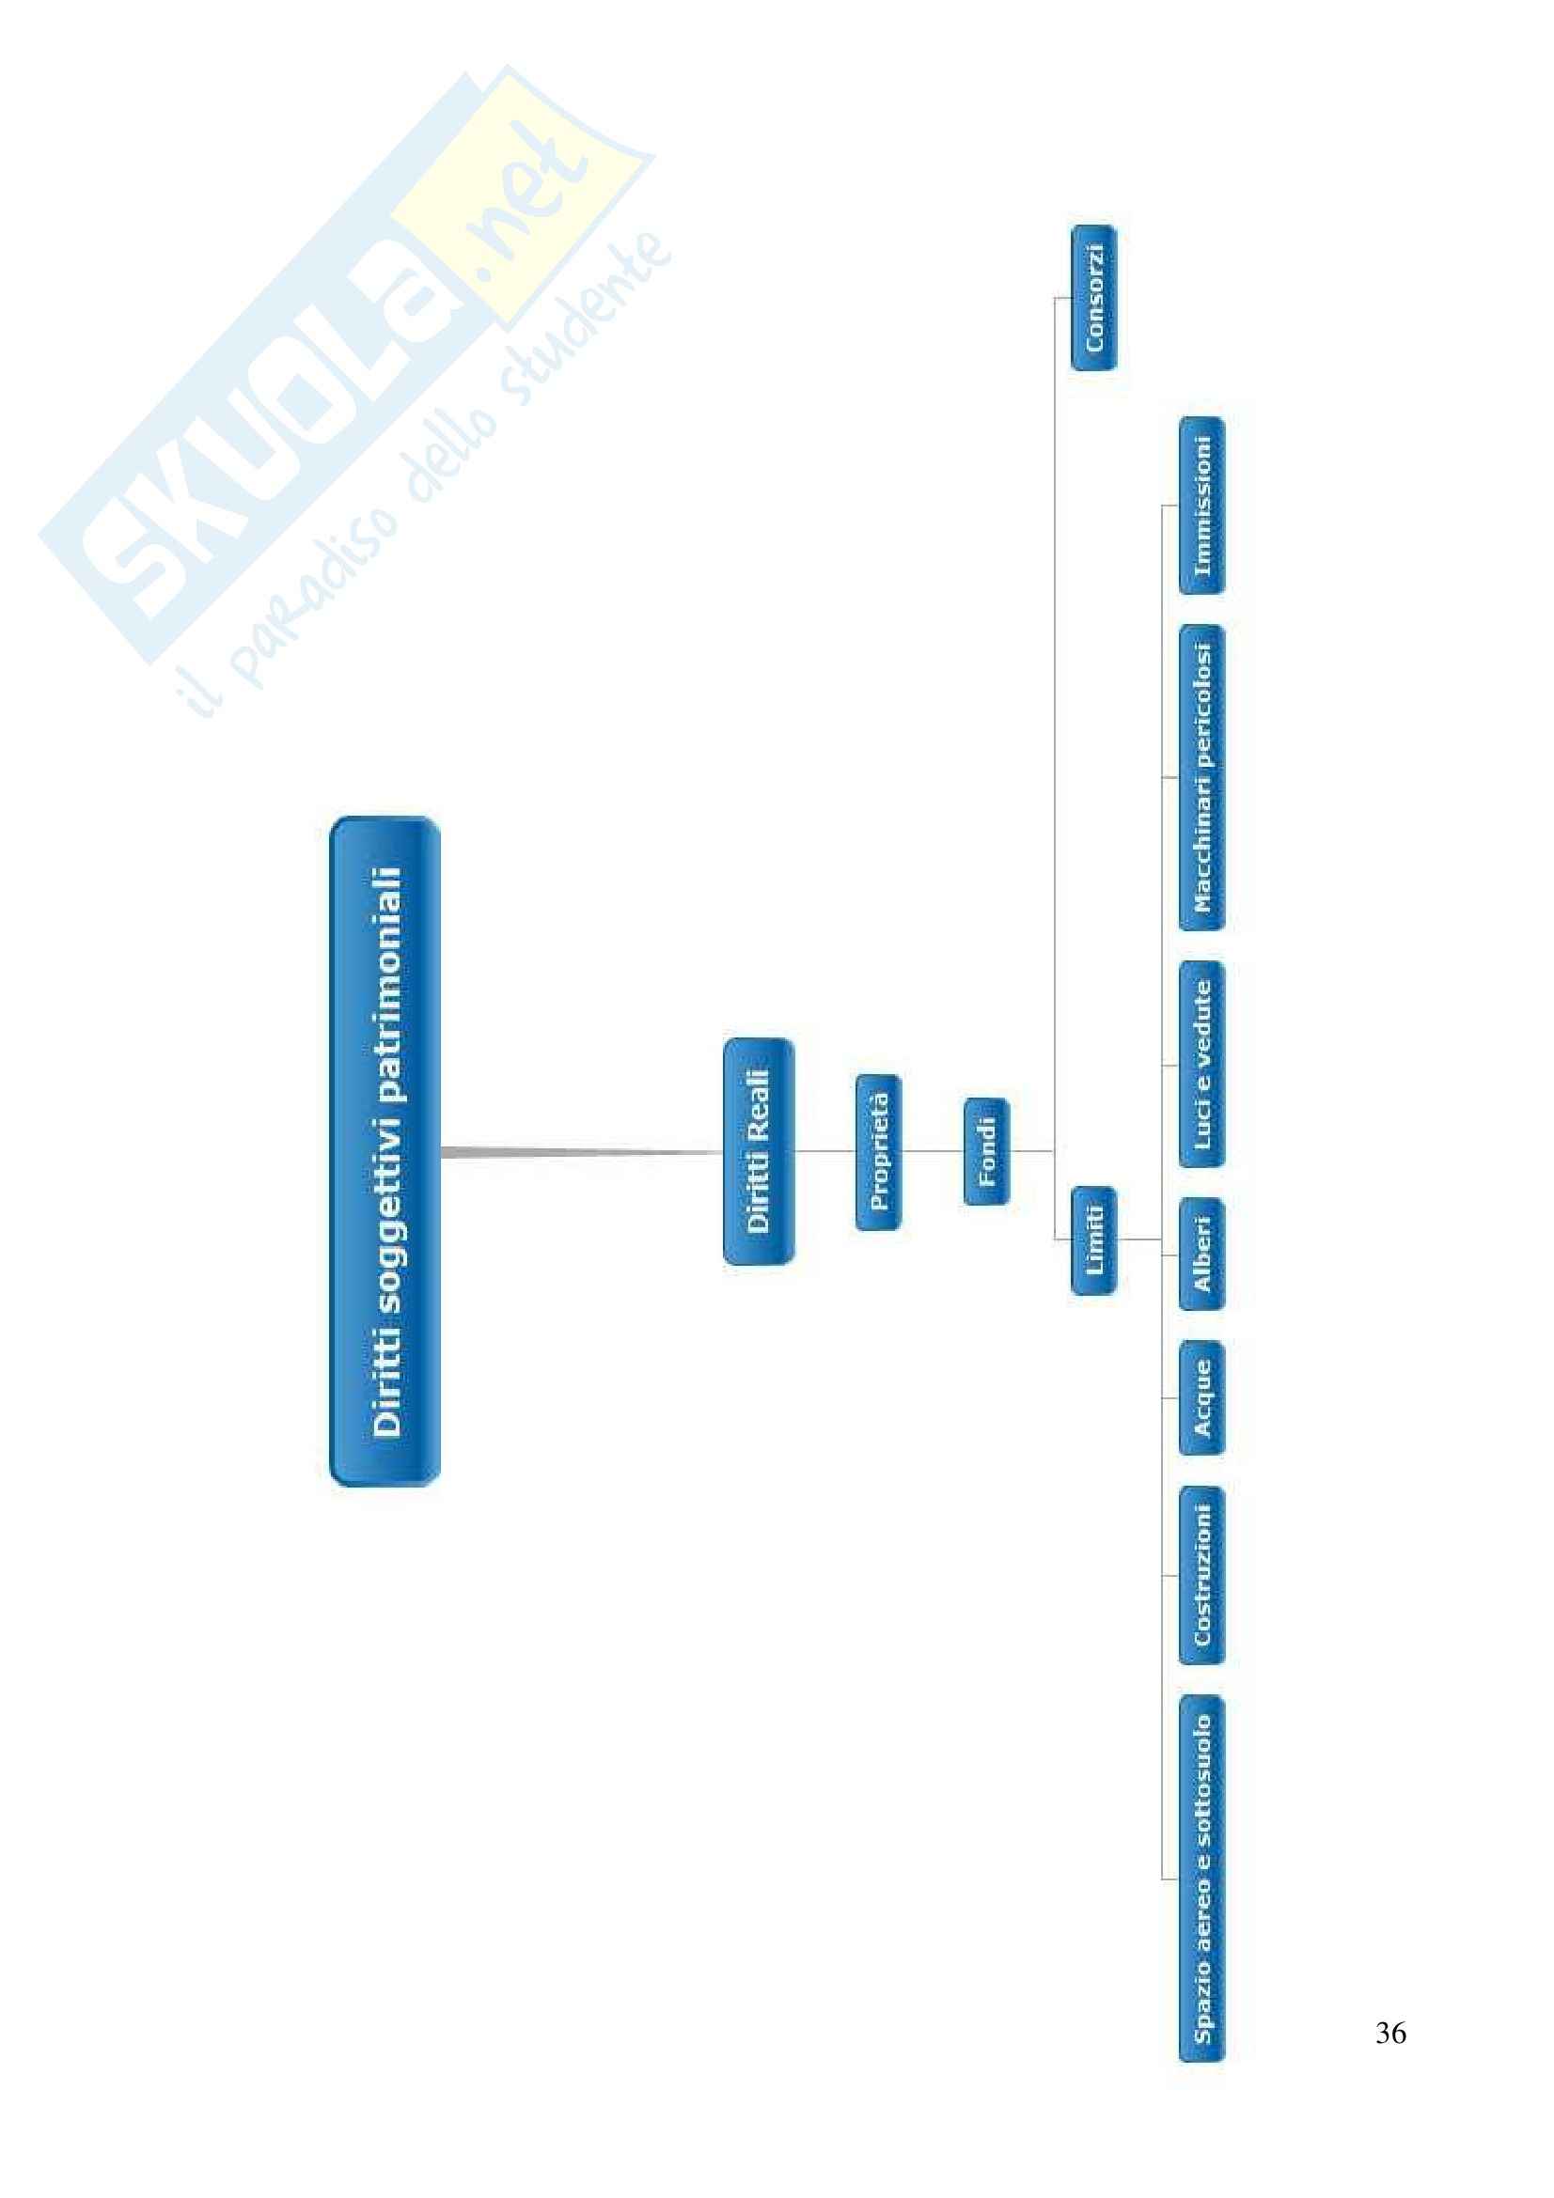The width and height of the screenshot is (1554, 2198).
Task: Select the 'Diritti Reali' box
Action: pyautogui.click(x=759, y=1151)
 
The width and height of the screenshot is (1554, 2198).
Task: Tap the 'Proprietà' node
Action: pyautogui.click(x=878, y=1152)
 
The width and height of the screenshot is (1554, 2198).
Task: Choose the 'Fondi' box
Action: pyautogui.click(x=986, y=1151)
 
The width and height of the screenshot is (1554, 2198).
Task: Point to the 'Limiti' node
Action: pyautogui.click(x=1093, y=1239)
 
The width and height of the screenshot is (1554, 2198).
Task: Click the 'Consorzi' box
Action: pyautogui.click(x=1093, y=298)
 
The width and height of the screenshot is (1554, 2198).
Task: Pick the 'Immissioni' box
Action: pyautogui.click(x=1201, y=506)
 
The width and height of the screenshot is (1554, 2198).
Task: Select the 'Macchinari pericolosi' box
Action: pyautogui.click(x=1201, y=777)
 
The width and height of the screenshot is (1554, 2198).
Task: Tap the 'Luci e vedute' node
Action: pyautogui.click(x=1201, y=1064)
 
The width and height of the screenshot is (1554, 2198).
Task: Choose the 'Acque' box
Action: pyautogui.click(x=1201, y=1398)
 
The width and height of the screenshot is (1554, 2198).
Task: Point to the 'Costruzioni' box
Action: pyautogui.click(x=1201, y=1575)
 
